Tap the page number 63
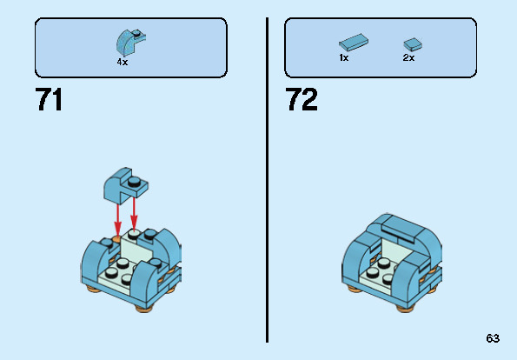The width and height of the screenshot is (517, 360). [x=493, y=338]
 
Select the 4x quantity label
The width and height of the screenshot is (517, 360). [x=123, y=63]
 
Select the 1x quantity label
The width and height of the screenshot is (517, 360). [x=344, y=57]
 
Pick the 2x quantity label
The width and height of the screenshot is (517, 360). [x=408, y=57]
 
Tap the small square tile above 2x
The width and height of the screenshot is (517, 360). [x=411, y=43]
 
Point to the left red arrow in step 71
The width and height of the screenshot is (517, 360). [x=117, y=214]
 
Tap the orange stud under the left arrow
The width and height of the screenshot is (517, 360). [x=117, y=237]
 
